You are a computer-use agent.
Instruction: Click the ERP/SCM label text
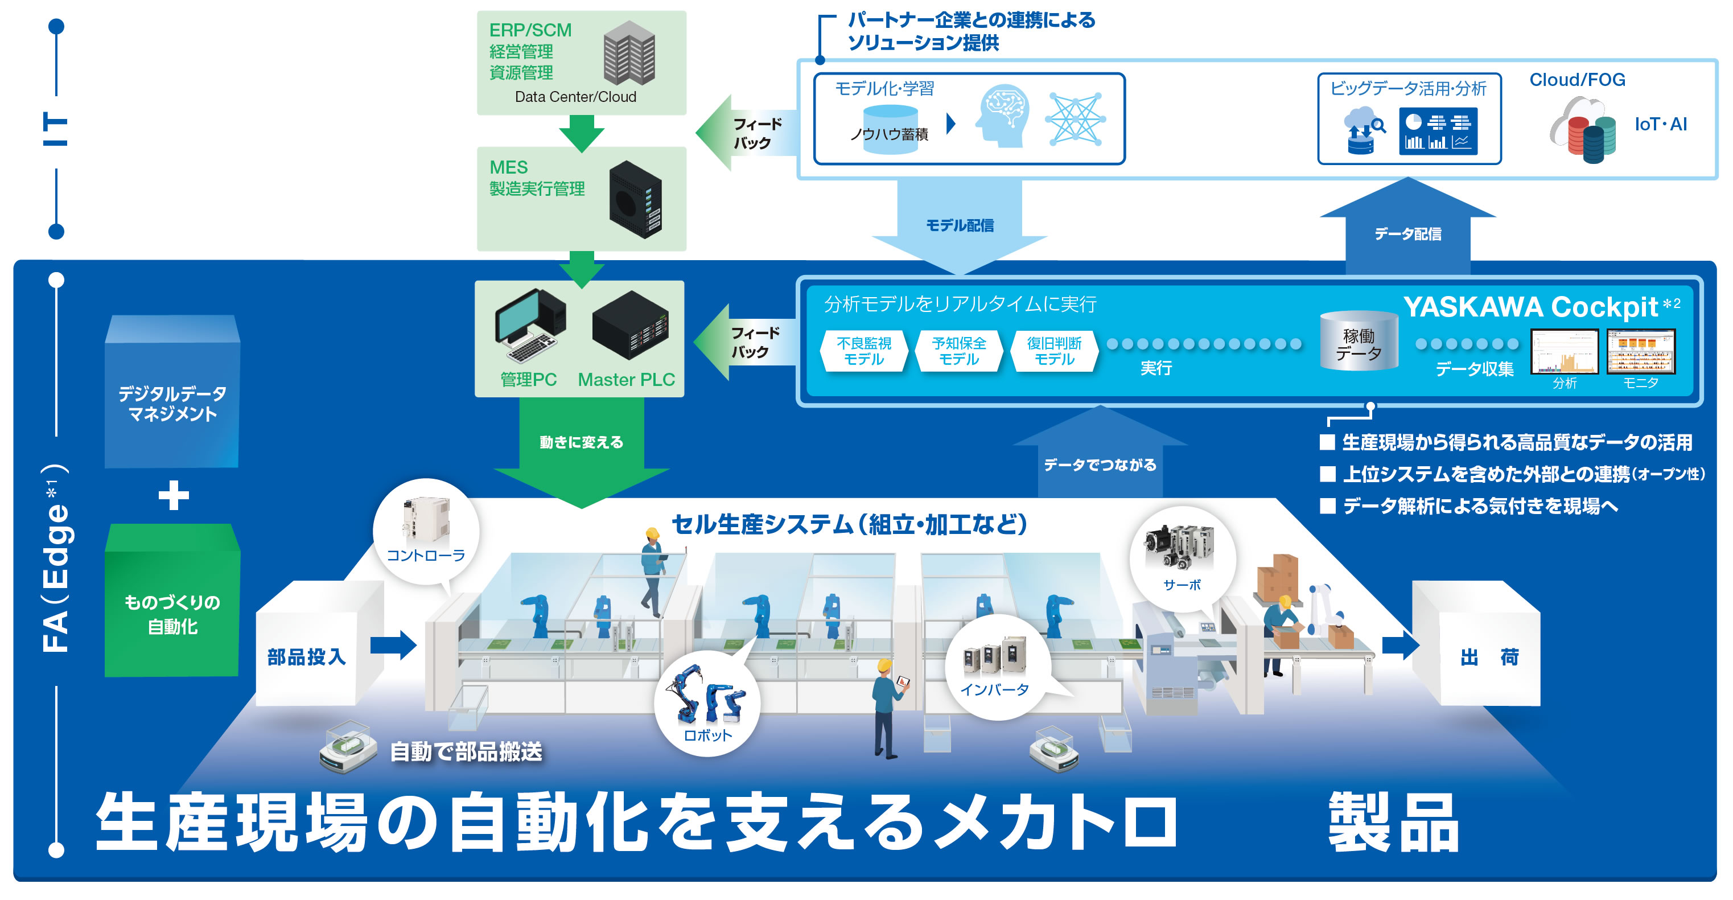(x=530, y=30)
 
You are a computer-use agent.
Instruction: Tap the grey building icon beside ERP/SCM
(x=629, y=52)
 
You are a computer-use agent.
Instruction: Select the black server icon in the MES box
(x=636, y=199)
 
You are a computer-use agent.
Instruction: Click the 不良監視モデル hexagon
(x=864, y=351)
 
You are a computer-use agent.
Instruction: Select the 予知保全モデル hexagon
(x=958, y=351)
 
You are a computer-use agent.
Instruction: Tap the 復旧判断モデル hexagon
(x=1053, y=351)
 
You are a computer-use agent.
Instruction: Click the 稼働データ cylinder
(x=1359, y=342)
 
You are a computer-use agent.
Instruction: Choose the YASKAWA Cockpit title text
(x=1530, y=307)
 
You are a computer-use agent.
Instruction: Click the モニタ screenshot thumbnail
(x=1640, y=351)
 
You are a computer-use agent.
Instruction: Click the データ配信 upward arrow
(x=1407, y=229)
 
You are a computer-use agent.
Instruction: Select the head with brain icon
(x=1004, y=116)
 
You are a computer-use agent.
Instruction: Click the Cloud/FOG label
(x=1577, y=80)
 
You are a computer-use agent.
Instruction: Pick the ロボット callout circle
(x=707, y=704)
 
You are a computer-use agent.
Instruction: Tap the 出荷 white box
(x=1489, y=656)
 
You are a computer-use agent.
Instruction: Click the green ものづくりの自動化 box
(x=172, y=613)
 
